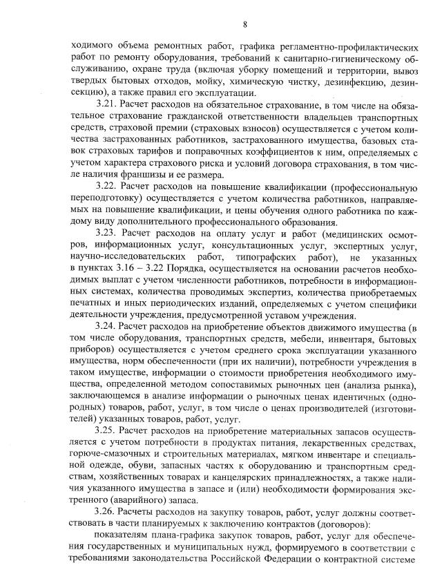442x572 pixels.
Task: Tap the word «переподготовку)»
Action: [x=110, y=198]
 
